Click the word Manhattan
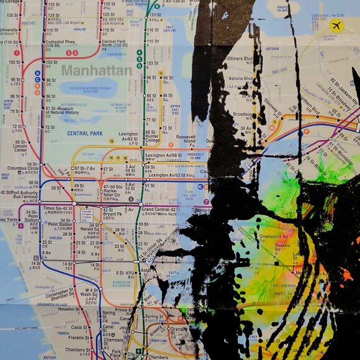(x=96, y=70)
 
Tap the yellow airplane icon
(x=336, y=25)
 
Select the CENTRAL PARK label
(x=85, y=133)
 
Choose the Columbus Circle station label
(x=23, y=168)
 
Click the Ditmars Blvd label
(x=239, y=60)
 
